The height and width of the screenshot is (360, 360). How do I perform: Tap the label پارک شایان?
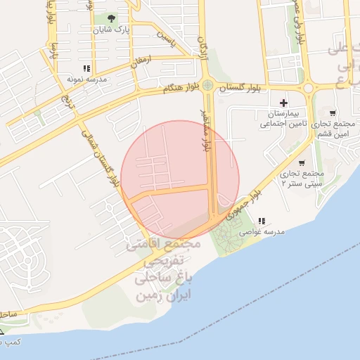click(x=113, y=30)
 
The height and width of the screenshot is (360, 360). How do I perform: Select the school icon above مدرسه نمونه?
click(x=86, y=68)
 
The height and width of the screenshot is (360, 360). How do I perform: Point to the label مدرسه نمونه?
click(x=86, y=79)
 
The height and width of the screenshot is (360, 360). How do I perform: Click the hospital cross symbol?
click(x=283, y=103)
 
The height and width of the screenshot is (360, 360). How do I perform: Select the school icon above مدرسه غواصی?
click(x=262, y=220)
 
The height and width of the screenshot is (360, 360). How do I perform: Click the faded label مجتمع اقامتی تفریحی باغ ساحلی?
click(x=164, y=270)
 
